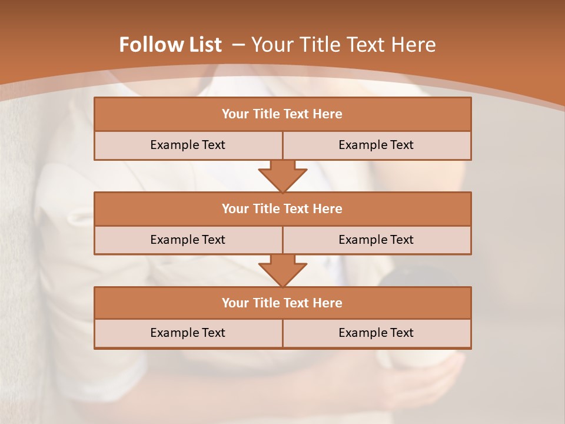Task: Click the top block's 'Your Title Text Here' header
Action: [282, 114]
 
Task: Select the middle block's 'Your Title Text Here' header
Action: [282, 209]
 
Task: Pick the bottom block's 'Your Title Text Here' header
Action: [282, 303]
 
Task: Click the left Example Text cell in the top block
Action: [188, 145]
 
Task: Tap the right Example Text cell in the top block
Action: [376, 145]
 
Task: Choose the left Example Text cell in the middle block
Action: [188, 240]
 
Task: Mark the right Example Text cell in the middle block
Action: [376, 240]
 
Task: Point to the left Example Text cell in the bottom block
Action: [188, 333]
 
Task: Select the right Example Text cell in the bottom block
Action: [376, 333]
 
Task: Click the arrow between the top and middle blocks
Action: [282, 175]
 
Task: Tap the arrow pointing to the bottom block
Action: [282, 270]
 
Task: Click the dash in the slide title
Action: [238, 45]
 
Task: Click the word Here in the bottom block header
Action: [327, 303]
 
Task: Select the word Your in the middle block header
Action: [235, 209]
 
